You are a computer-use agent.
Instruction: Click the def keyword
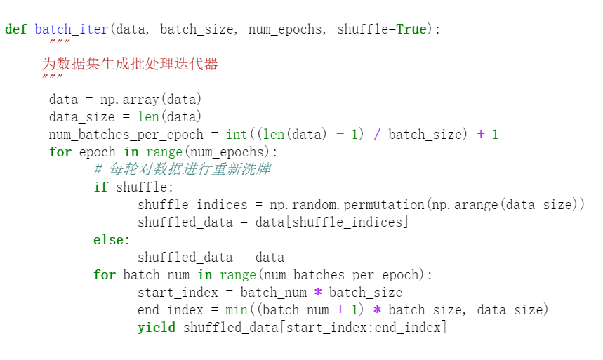tap(16, 29)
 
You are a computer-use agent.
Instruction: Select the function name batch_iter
tap(72, 29)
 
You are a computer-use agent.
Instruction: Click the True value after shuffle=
tap(411, 29)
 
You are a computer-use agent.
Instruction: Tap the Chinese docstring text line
tap(130, 65)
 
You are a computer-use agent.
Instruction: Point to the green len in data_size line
tap(148, 116)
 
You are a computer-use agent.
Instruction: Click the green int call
tap(237, 134)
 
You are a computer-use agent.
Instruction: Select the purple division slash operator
tap(376, 134)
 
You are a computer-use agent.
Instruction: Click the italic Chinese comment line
tap(182, 169)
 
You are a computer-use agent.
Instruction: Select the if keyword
tap(101, 187)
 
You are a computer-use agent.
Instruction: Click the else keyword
tap(109, 239)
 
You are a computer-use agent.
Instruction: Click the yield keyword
tap(157, 327)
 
